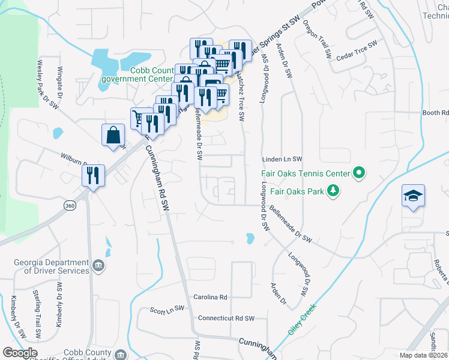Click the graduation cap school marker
pyautogui.click(x=414, y=196)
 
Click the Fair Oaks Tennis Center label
pyautogui.click(x=305, y=174)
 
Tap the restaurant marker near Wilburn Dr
pyautogui.click(x=93, y=175)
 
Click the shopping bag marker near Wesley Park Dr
pyautogui.click(x=113, y=135)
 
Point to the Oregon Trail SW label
pyautogui.click(x=317, y=38)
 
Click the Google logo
pyautogui.click(x=20, y=353)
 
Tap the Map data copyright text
pyautogui.click(x=423, y=355)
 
